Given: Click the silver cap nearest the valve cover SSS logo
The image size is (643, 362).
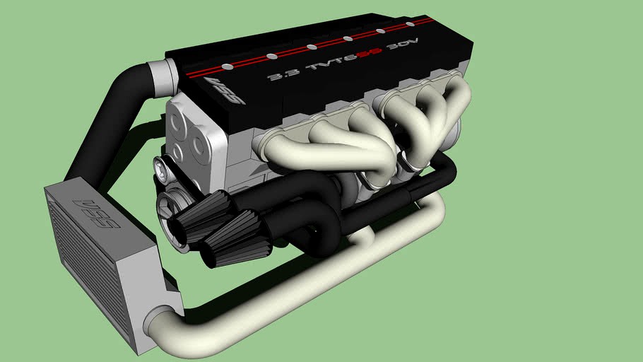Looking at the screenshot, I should coord(227,67).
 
